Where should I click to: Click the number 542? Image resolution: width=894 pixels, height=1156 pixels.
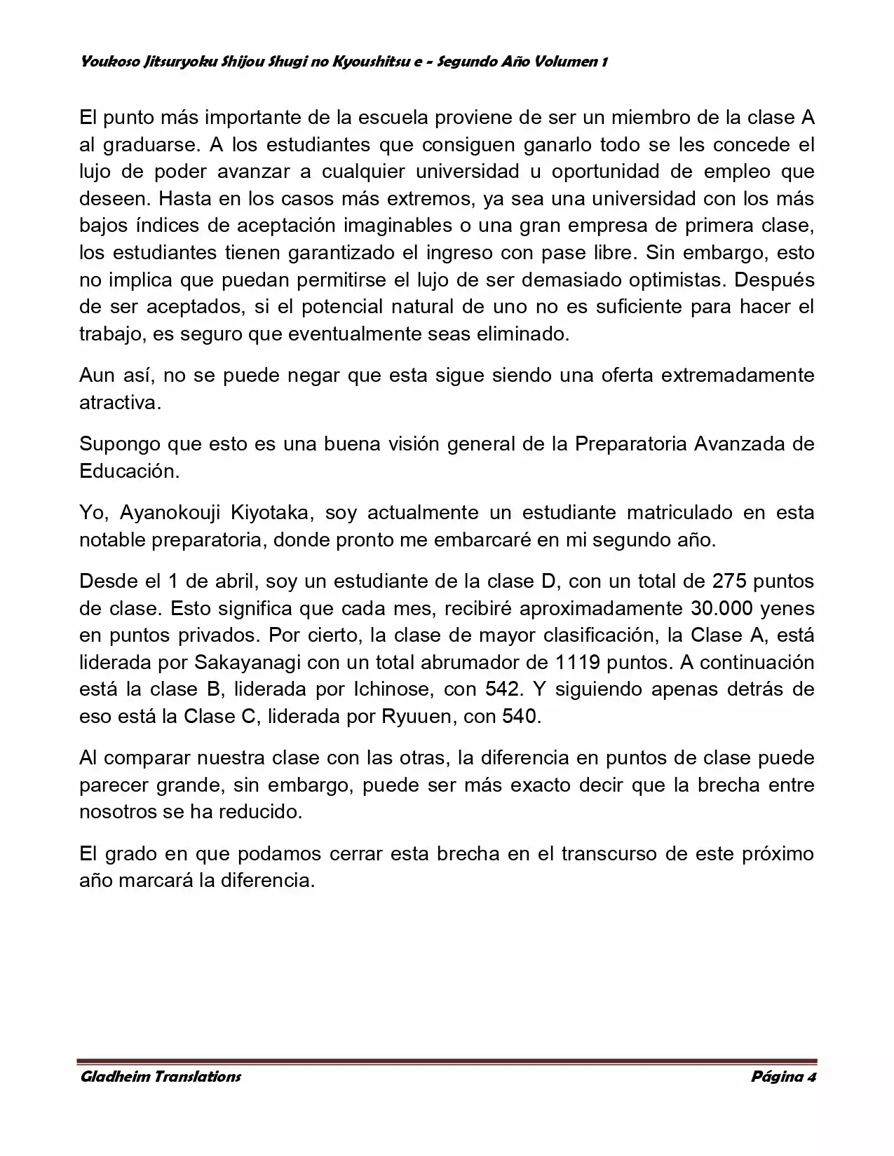pyautogui.click(x=503, y=689)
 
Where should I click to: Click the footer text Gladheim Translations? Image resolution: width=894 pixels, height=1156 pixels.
pyautogui.click(x=161, y=1076)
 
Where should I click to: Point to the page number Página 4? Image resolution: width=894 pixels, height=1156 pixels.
pyautogui.click(x=783, y=1076)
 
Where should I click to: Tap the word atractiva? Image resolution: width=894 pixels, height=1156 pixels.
pyautogui.click(x=120, y=403)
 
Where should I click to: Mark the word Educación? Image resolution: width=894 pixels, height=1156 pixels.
pyautogui.click(x=129, y=471)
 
